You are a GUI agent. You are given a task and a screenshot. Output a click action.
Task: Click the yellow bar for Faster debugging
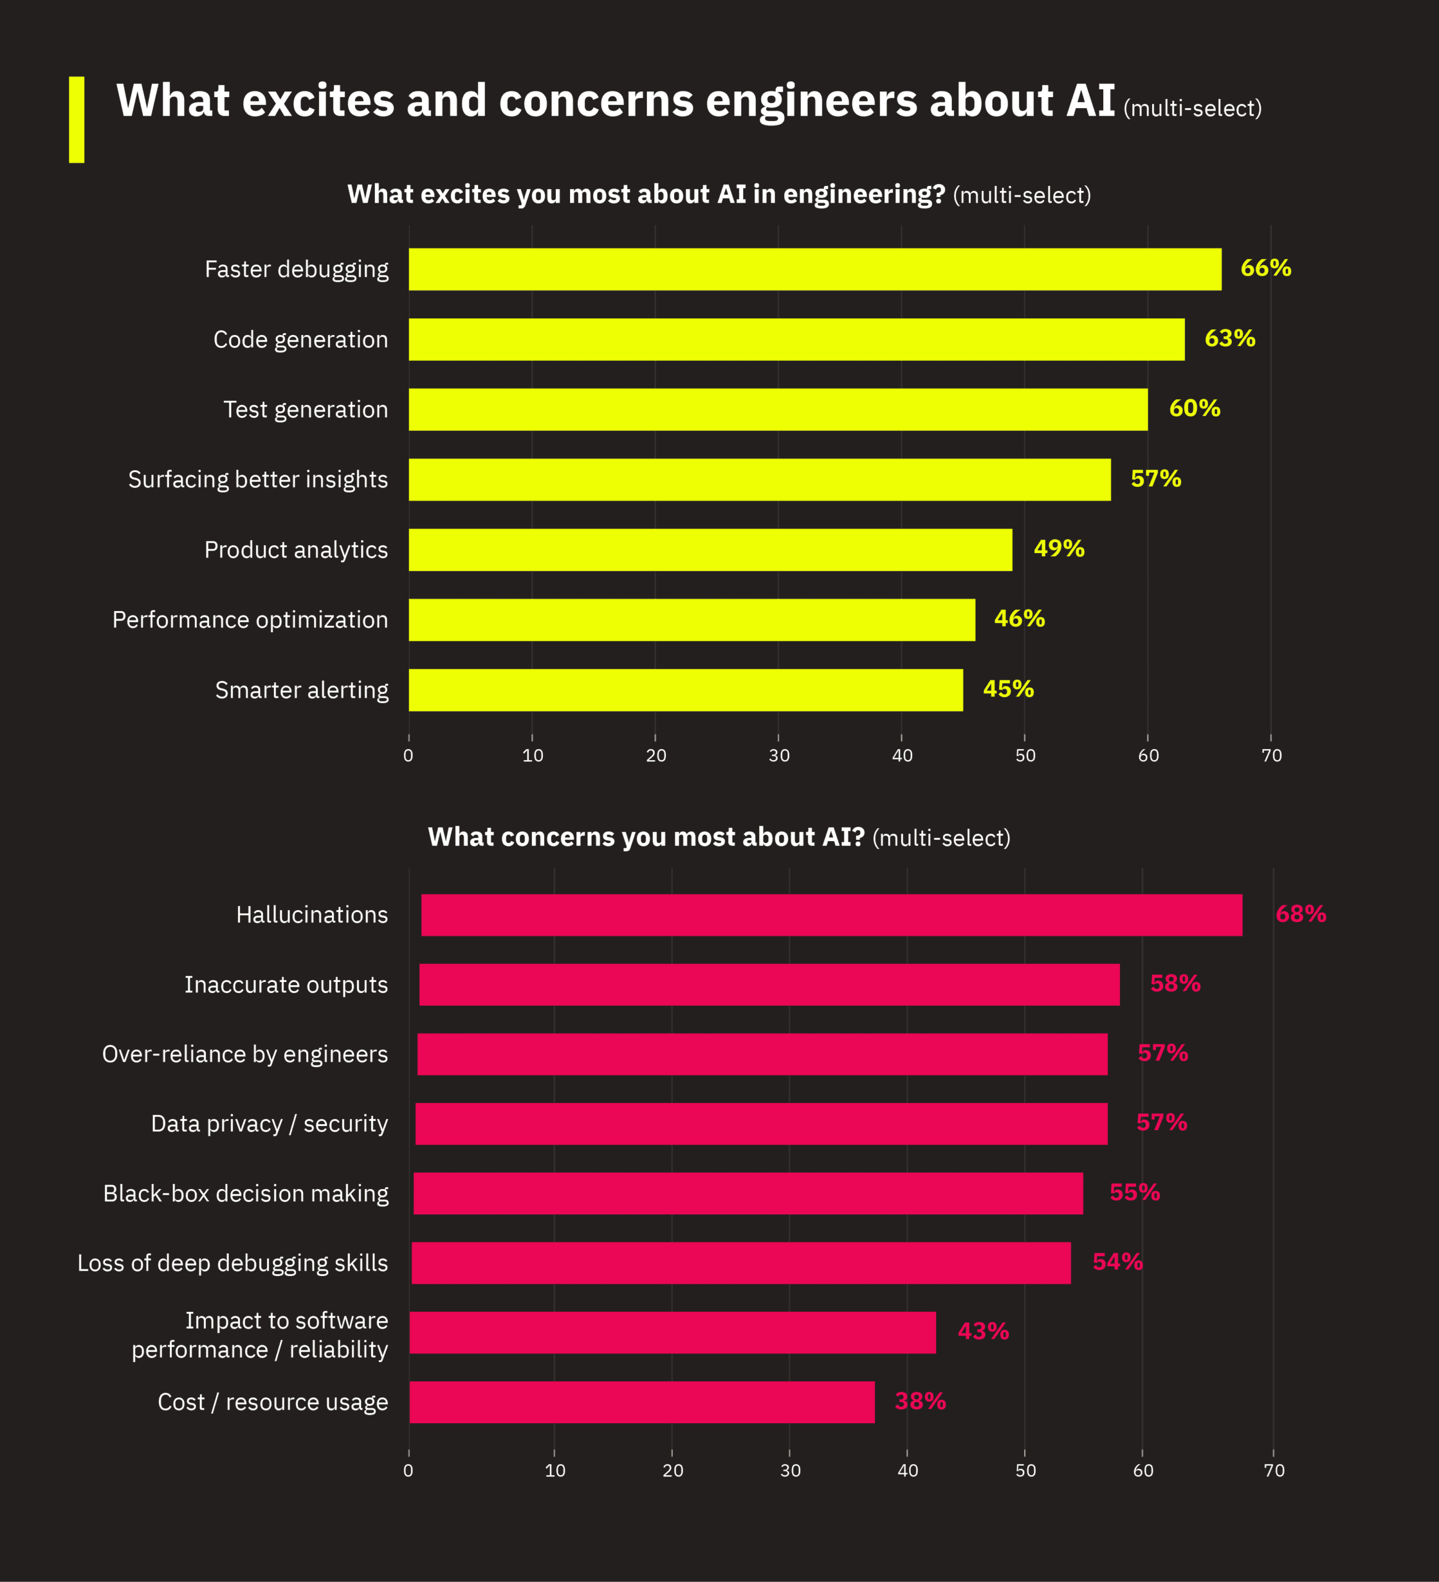click(815, 269)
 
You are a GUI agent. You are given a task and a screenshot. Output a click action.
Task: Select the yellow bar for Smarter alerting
click(685, 690)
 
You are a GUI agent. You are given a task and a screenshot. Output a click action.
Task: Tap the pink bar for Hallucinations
click(831, 915)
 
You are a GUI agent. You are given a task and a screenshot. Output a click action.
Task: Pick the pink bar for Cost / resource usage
click(641, 1402)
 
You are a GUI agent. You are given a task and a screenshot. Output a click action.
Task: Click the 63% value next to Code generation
click(1229, 338)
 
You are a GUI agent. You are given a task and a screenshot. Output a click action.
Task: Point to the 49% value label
click(1058, 549)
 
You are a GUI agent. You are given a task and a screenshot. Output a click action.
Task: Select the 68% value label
click(1300, 914)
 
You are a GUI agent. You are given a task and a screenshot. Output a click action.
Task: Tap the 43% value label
click(983, 1332)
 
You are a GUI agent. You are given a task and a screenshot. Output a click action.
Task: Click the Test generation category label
click(305, 410)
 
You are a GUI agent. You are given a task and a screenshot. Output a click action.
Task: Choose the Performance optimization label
click(250, 620)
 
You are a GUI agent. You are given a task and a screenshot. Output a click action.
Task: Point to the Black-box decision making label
click(246, 1193)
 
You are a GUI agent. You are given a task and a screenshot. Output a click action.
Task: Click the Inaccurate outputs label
click(286, 985)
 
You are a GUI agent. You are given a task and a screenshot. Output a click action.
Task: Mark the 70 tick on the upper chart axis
click(1271, 755)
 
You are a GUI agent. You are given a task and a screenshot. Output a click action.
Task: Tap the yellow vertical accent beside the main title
click(76, 119)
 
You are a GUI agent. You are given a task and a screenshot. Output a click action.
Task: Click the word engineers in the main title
click(811, 101)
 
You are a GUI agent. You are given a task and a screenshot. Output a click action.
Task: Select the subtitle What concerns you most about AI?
click(646, 837)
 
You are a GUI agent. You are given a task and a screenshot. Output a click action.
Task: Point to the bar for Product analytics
click(710, 549)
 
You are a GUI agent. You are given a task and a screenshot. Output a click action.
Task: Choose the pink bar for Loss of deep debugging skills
click(740, 1263)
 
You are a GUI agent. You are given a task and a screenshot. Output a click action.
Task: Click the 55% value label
click(1134, 1193)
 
